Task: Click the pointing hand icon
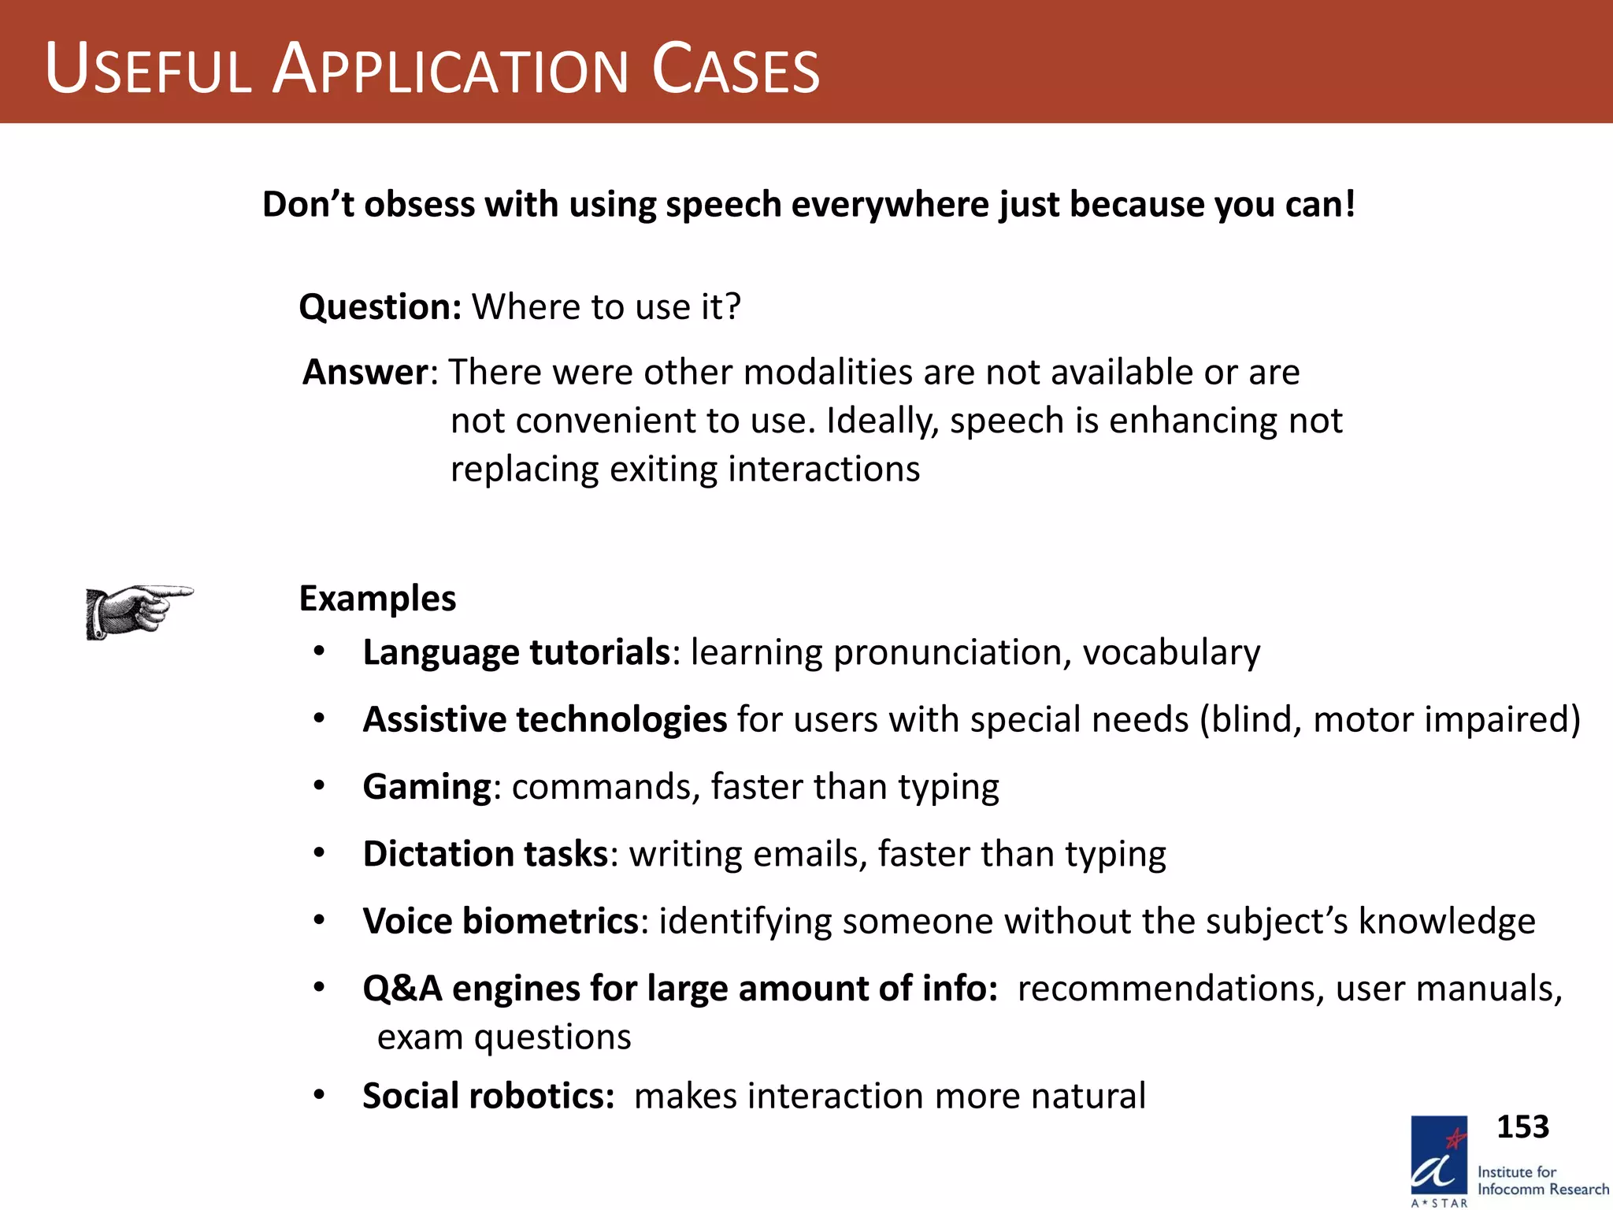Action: click(138, 611)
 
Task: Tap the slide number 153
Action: click(1522, 1126)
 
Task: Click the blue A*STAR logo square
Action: click(1438, 1156)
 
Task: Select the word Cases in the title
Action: click(736, 71)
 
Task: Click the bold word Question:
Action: click(380, 306)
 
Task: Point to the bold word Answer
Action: click(365, 372)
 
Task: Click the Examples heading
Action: click(377, 599)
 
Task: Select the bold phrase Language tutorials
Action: click(516, 652)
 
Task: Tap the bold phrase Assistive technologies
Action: click(544, 719)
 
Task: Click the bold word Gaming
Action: click(427, 787)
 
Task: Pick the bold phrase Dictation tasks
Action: click(485, 854)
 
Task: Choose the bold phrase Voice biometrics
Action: click(500, 921)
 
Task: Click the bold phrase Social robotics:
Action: click(488, 1096)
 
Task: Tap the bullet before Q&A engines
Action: click(319, 987)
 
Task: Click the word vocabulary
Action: click(1171, 652)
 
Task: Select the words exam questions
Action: click(504, 1037)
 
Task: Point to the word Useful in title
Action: click(148, 71)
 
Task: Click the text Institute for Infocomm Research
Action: click(1542, 1181)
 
